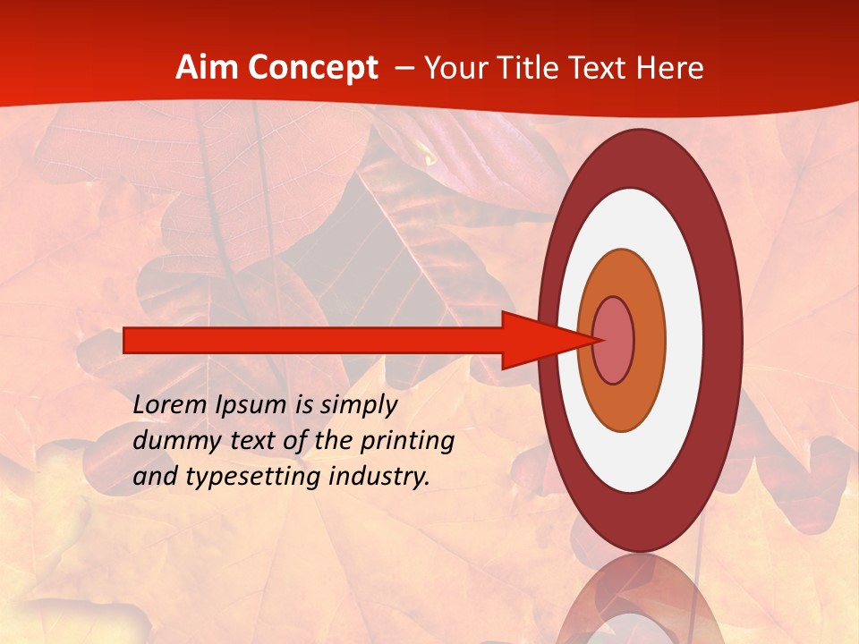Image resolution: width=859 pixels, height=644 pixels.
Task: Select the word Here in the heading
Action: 670,68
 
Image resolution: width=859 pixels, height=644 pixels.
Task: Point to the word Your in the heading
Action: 456,69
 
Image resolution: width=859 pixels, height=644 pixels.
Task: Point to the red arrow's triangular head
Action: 537,341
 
